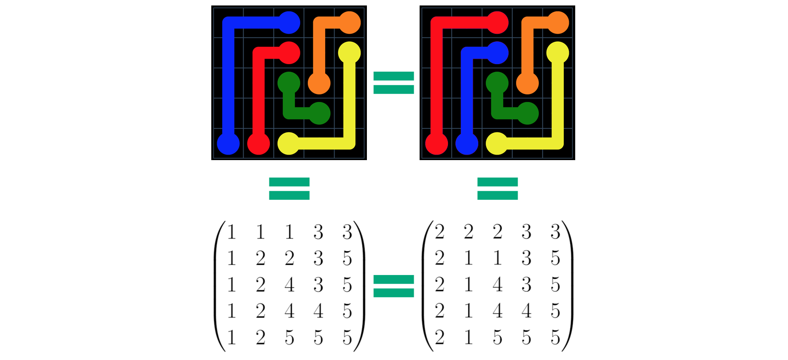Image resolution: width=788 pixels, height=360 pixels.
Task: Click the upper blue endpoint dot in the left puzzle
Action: point(289,22)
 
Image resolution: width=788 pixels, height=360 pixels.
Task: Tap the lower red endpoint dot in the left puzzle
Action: point(259,144)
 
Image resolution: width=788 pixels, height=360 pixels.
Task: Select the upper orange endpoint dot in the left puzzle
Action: point(350,22)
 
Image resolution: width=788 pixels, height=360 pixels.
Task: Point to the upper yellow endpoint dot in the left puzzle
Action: point(349,53)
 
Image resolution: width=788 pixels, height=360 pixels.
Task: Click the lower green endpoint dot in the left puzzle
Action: point(319,113)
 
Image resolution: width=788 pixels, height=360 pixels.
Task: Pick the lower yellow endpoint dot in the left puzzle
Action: point(289,144)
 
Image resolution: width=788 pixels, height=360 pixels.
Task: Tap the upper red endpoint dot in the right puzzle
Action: point(497,22)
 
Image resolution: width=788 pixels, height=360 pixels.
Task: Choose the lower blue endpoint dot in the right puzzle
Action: point(467,144)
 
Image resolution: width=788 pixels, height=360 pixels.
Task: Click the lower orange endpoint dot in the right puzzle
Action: point(527,83)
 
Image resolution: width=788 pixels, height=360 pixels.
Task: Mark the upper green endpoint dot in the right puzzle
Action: point(497,83)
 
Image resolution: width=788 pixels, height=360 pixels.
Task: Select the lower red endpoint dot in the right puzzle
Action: point(437,144)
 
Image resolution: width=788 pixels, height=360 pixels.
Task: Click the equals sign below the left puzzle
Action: point(289,188)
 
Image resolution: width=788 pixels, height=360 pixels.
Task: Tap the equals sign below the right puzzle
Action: point(498,188)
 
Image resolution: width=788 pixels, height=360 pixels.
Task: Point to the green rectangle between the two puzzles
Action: point(394,110)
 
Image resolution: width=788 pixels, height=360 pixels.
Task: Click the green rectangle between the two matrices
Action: point(394,296)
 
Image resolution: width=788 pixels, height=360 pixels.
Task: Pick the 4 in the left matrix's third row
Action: point(289,285)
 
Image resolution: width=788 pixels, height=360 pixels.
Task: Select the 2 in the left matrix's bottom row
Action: point(261,338)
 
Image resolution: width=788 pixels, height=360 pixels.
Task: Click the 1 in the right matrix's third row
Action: point(468,285)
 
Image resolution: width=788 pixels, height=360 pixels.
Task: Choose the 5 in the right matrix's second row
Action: point(555,259)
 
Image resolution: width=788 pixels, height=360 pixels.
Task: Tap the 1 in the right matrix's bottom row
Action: point(468,338)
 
